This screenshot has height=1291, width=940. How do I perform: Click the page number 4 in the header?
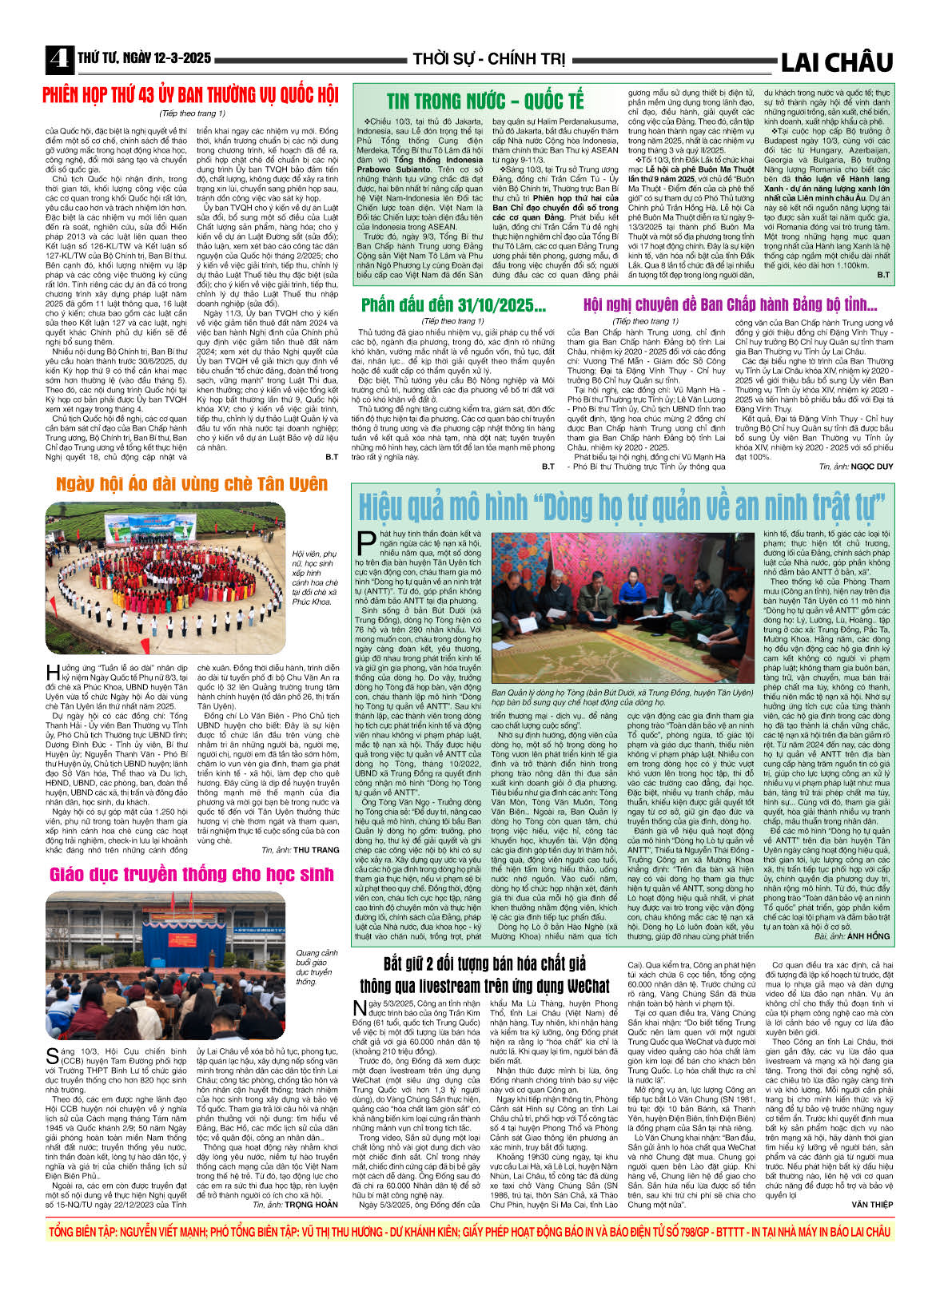click(x=58, y=59)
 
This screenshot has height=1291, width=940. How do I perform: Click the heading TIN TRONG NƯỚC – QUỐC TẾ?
click(x=485, y=101)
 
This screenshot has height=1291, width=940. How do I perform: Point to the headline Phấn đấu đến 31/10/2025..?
click(x=453, y=304)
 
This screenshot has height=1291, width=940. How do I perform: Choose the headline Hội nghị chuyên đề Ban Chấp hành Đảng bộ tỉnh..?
click(x=730, y=304)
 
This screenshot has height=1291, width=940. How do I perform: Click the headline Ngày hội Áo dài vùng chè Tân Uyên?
click(x=192, y=484)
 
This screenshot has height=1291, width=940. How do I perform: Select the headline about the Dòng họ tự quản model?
click(x=622, y=506)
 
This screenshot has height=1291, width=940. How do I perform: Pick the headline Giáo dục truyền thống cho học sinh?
click(x=192, y=875)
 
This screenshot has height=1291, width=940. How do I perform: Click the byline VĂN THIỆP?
click(x=872, y=1204)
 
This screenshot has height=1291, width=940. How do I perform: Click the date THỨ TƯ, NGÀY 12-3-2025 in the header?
click(x=145, y=58)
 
